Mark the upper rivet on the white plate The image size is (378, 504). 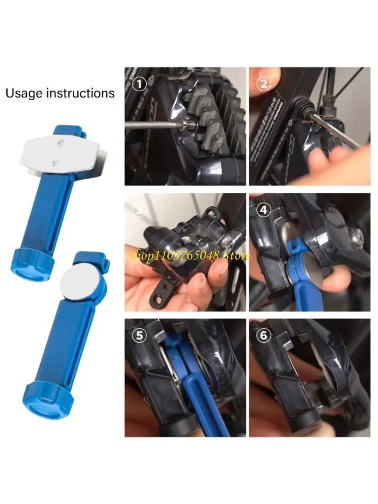click(61, 144)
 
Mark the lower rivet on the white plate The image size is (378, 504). click(55, 162)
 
